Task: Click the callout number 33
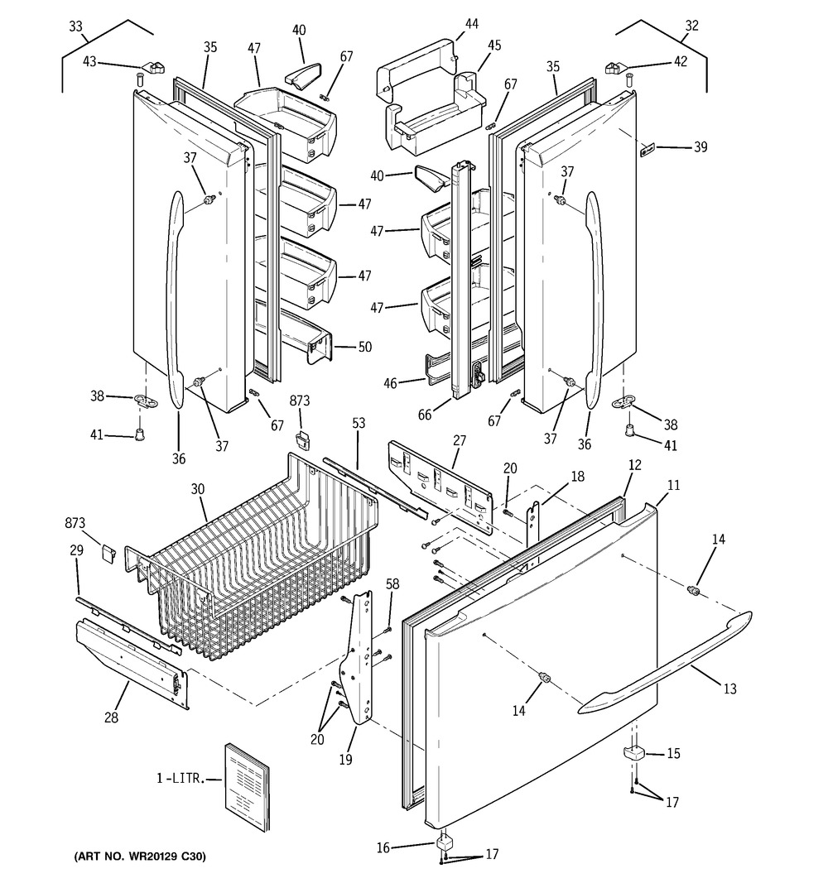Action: pos(75,26)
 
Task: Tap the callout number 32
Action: pos(691,26)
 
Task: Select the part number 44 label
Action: pos(471,24)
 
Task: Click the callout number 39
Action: pos(700,147)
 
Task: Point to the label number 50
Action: pos(365,347)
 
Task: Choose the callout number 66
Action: pos(424,415)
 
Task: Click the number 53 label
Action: pos(359,423)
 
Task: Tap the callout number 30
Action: pos(198,489)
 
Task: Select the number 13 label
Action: pos(729,689)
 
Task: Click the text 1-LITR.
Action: pos(180,779)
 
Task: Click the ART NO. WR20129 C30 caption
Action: pos(140,857)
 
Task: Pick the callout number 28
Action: pos(112,717)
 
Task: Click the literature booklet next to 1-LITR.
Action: pos(248,787)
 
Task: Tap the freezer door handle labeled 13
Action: pos(665,663)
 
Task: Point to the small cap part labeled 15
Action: pos(633,752)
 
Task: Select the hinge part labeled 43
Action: pos(152,68)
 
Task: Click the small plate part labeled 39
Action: pos(647,150)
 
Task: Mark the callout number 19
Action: pos(345,759)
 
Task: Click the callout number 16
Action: pos(383,847)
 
